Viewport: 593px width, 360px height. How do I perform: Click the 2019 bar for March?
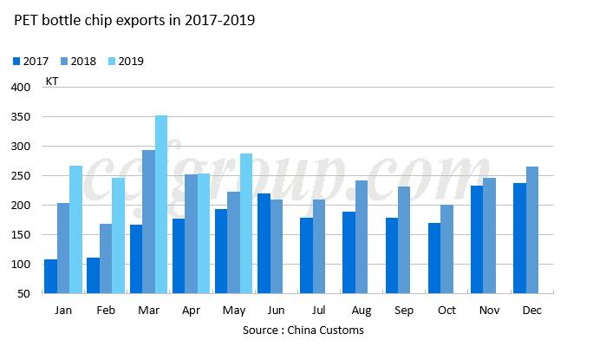point(161,205)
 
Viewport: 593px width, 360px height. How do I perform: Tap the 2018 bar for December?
point(532,230)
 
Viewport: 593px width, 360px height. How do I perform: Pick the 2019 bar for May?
point(246,228)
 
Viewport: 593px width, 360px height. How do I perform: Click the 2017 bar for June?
point(264,243)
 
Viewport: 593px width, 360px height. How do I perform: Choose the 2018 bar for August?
point(362,237)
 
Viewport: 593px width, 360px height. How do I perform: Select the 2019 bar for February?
point(119,235)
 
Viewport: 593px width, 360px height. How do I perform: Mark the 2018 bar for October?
point(446,249)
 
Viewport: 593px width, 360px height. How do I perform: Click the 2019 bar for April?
point(204,233)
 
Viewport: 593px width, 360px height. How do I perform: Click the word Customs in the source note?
point(341,331)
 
